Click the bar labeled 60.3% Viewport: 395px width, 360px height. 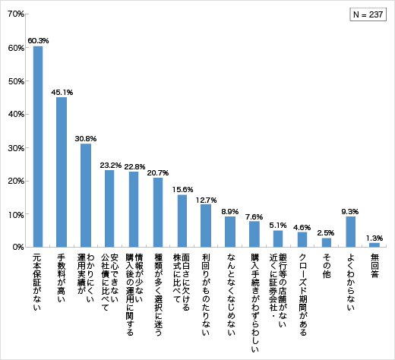(38, 147)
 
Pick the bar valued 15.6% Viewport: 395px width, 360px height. (182, 221)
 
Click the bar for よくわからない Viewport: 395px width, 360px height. (350, 232)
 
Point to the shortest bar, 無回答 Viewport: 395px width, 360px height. (374, 245)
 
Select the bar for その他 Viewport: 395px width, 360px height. (327, 243)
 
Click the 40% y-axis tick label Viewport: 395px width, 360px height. (15, 114)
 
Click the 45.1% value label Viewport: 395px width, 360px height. (62, 92)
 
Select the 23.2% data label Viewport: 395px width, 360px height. (109, 164)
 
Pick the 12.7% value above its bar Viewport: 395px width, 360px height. (206, 199)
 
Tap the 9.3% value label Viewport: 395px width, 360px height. (350, 210)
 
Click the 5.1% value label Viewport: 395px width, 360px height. (278, 224)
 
